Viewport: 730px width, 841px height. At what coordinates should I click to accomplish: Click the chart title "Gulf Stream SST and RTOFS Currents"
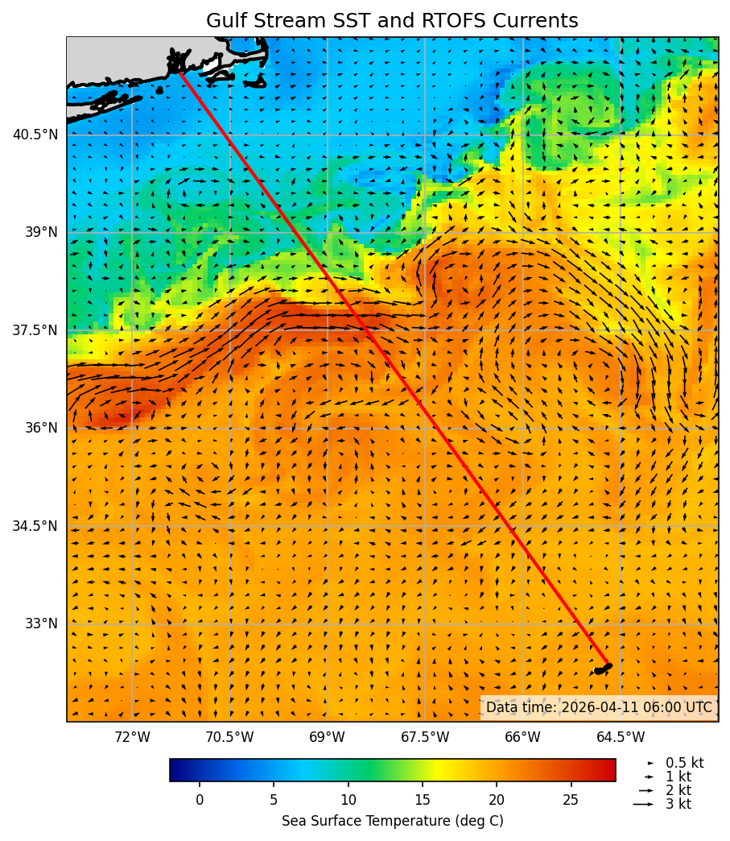point(392,21)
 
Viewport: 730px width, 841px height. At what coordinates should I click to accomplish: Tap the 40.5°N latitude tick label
point(35,135)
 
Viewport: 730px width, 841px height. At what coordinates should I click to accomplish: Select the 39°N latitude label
point(40,232)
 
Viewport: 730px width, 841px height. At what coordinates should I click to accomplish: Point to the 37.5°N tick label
point(35,330)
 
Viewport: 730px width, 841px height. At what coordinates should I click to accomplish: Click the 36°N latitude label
point(40,428)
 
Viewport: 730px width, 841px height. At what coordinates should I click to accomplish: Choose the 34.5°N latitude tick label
point(35,526)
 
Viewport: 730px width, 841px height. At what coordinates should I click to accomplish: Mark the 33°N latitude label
point(40,623)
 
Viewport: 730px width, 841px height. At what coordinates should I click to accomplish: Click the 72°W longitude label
point(132,737)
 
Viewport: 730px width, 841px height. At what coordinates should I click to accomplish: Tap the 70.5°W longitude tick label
point(229,737)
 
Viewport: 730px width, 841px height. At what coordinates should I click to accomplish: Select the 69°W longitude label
point(327,737)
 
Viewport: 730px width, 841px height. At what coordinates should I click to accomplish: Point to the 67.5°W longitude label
point(425,737)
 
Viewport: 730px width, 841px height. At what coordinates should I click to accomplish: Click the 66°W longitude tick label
point(522,737)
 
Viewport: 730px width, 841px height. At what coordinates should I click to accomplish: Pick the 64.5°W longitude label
point(621,737)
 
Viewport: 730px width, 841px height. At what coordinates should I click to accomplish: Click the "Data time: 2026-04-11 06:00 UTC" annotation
point(599,707)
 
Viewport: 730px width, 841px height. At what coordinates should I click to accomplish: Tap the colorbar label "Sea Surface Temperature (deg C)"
point(392,821)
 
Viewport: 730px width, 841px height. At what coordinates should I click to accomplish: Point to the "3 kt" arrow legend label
point(678,804)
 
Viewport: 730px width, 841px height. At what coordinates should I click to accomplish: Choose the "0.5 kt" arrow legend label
point(684,763)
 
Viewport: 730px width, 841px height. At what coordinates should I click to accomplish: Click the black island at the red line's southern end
point(603,669)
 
